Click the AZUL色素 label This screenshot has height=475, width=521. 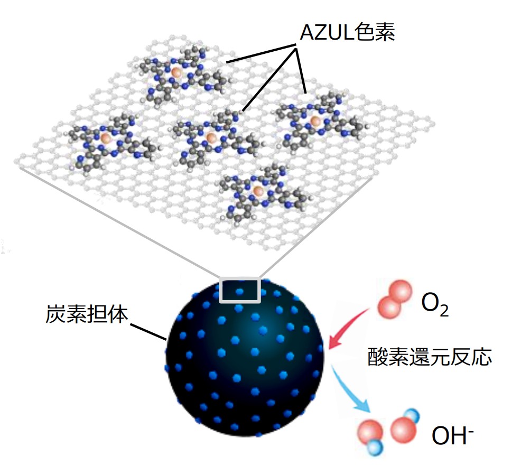[x=348, y=32]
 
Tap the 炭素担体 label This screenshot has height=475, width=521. [x=87, y=314]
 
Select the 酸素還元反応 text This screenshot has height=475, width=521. [x=429, y=357]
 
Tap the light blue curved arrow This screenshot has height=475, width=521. [x=349, y=389]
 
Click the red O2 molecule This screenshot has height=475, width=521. [x=395, y=299]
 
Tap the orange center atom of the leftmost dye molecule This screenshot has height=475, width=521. [x=105, y=137]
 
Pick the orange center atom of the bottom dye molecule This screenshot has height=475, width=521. [x=258, y=191]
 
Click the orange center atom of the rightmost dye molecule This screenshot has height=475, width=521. [x=315, y=121]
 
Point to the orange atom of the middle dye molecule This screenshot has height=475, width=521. [x=211, y=136]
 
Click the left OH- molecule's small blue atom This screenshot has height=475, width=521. [x=375, y=448]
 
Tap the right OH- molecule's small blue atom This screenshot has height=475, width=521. [x=412, y=416]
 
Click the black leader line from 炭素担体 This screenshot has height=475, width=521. [x=148, y=331]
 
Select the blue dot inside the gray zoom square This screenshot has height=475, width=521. [x=239, y=292]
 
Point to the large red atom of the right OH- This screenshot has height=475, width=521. [x=403, y=430]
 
